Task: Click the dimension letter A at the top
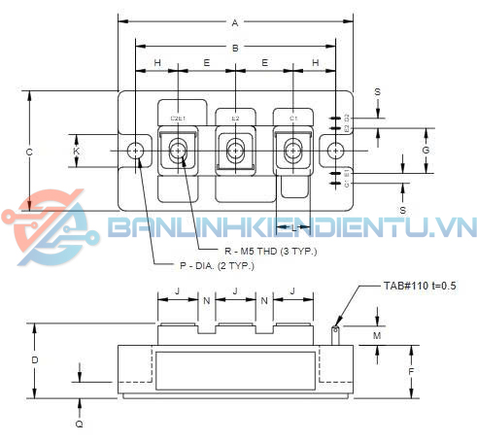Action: (234, 22)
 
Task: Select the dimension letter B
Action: (234, 48)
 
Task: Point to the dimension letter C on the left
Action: (29, 152)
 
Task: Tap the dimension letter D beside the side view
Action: (35, 360)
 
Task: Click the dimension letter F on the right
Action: (412, 371)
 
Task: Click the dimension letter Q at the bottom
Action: (80, 424)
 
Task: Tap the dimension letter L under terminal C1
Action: (292, 226)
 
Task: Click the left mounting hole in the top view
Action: (135, 151)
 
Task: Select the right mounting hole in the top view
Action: (335, 151)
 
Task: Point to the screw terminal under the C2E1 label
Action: (179, 151)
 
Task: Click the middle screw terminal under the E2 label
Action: (235, 151)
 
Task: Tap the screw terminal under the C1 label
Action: (292, 151)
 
